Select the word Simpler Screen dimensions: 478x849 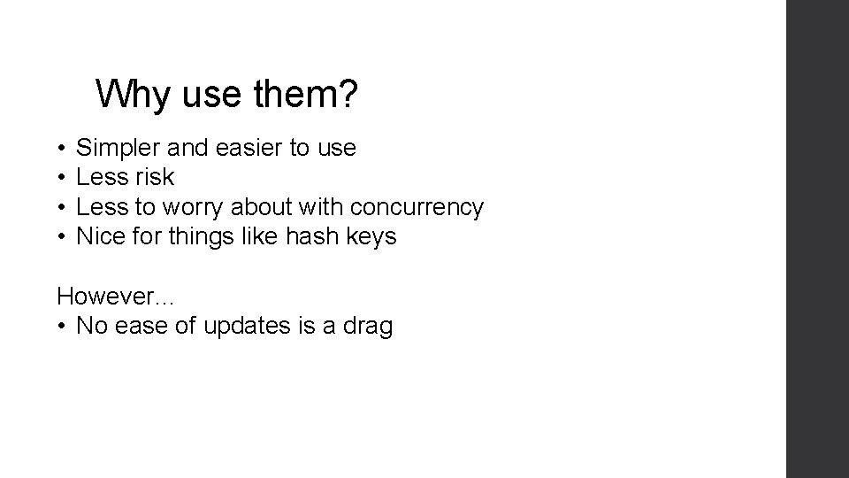point(112,149)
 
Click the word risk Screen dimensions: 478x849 point(155,178)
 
